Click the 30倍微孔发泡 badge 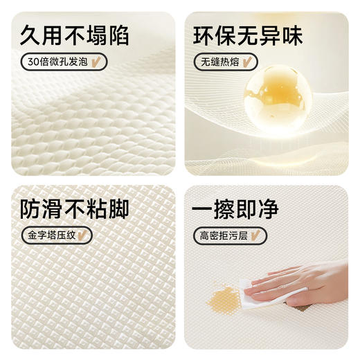click(x=61, y=62)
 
